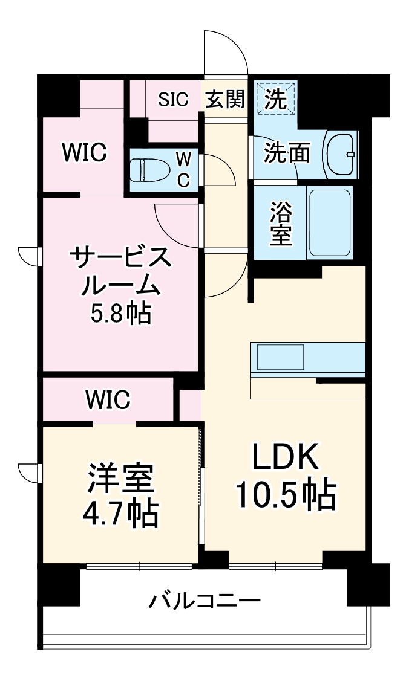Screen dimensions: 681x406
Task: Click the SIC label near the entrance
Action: pos(174,99)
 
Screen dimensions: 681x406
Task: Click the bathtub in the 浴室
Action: pos(330,223)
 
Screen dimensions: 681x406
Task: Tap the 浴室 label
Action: pos(281,224)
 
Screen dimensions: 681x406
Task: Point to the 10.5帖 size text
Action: pos(285,496)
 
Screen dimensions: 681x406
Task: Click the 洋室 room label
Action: pos(121,479)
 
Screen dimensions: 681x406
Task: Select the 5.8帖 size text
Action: pos(120,314)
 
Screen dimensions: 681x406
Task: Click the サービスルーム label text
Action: pos(120,272)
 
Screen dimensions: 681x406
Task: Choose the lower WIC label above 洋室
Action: pos(108,399)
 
